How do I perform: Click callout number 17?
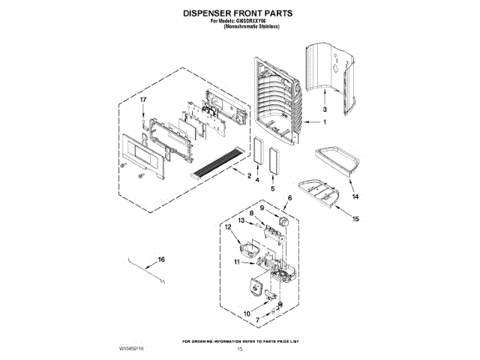point(142,100)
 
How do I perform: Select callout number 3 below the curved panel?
point(325,109)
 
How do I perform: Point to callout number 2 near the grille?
point(248,176)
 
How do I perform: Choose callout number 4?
point(257,181)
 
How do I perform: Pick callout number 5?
point(272,189)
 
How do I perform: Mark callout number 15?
point(356,219)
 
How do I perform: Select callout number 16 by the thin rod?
point(160,261)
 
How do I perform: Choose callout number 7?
point(258,320)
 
